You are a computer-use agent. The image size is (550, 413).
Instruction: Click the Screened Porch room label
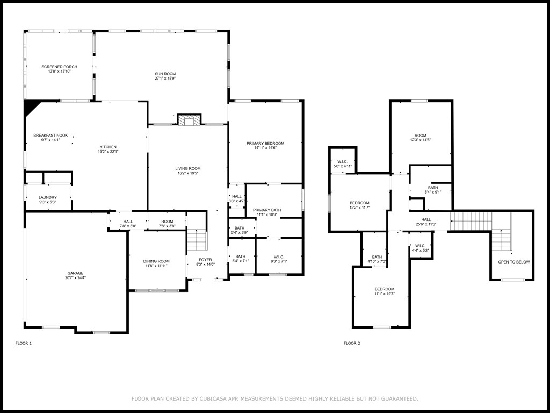pos(59,67)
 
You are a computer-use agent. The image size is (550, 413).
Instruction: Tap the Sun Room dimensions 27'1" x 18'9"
pos(165,79)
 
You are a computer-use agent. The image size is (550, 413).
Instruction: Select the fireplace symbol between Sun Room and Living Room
pos(189,120)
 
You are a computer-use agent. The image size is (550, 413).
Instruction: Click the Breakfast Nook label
pos(50,136)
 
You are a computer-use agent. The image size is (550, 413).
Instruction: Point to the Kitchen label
pos(107,147)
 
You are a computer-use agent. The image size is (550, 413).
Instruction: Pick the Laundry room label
pos(47,197)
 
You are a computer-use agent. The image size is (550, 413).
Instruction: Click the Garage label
pos(75,273)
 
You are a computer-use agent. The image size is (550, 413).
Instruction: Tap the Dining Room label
pos(156,261)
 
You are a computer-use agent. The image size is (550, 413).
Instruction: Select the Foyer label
pos(205,260)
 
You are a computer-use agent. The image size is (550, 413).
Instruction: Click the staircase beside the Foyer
pos(197,240)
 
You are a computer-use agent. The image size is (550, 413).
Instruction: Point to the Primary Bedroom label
pos(265,143)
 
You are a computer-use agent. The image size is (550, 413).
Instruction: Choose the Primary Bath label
pos(267,210)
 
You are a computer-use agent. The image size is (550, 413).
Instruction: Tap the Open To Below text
pos(513,262)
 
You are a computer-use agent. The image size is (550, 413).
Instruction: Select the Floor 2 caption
pos(352,343)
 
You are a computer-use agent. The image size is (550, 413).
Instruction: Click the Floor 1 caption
pos(23,343)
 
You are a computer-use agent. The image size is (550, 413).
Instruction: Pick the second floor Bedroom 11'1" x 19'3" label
pos(384,289)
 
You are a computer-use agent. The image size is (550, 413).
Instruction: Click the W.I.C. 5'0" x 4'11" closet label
pos(342,161)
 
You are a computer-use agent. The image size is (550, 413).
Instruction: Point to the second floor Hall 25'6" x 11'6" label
pos(425,219)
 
